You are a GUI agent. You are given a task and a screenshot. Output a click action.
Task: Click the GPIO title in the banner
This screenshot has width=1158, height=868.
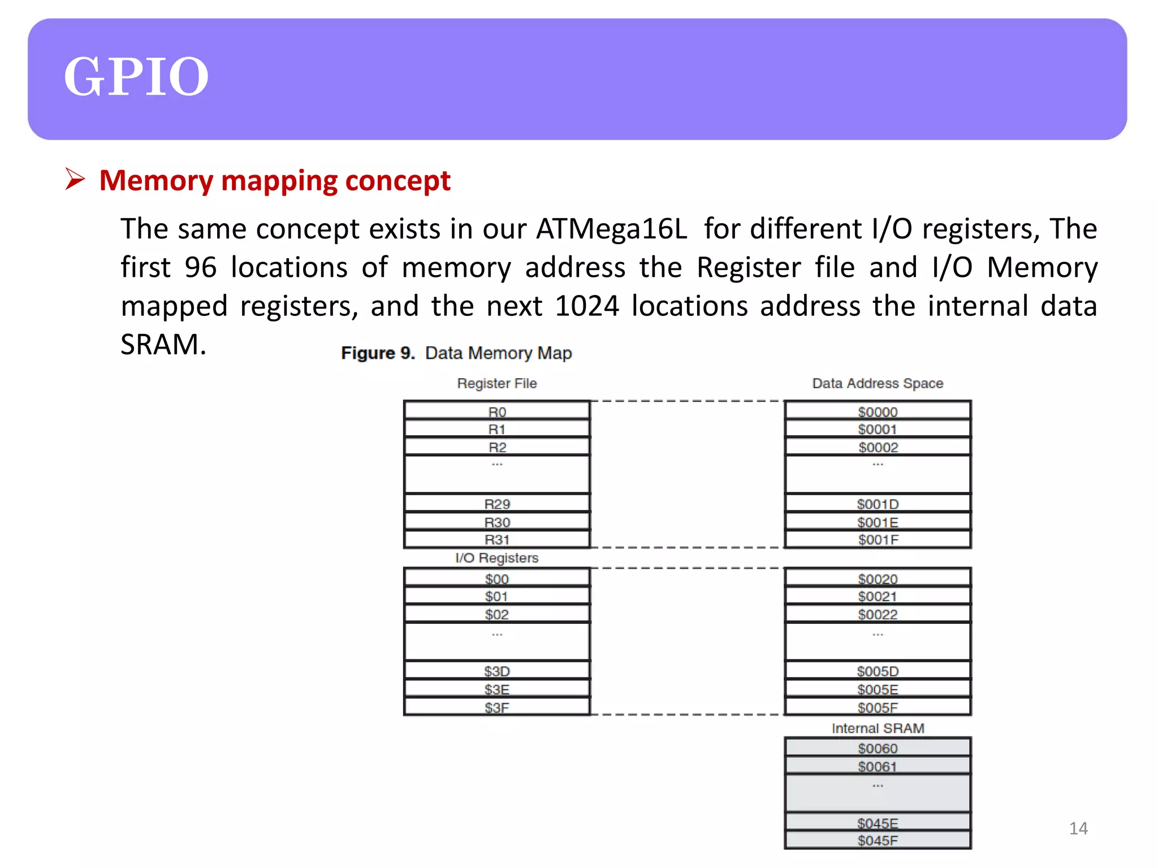[x=136, y=77]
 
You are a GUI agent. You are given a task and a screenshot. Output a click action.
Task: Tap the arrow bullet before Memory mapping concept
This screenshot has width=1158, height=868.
[x=75, y=179]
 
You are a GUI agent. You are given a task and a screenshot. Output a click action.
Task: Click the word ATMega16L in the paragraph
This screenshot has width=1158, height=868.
[x=611, y=229]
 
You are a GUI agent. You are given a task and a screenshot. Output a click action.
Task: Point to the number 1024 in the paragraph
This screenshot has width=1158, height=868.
[x=587, y=306]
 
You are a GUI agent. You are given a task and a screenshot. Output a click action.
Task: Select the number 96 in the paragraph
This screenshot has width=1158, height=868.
[x=201, y=268]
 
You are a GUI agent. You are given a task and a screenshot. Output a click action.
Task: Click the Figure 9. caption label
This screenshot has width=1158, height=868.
[x=378, y=353]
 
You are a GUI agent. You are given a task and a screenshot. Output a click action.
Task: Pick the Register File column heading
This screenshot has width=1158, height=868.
[x=497, y=383]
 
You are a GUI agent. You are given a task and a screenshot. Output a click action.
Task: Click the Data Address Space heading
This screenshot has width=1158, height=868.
[x=878, y=383]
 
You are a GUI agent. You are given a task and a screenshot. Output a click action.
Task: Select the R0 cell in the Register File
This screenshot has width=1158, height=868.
[x=497, y=411]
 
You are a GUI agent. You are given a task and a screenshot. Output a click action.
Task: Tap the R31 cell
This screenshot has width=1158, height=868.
[x=497, y=540]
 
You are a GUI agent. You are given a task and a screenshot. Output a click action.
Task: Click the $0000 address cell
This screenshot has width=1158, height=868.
[x=878, y=411]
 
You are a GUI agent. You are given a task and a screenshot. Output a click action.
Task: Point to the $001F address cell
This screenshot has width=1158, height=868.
[x=878, y=540]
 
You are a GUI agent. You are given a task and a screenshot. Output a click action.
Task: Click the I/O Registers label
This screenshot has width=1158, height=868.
[x=497, y=558]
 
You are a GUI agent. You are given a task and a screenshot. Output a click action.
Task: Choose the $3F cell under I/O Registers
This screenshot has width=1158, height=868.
[x=497, y=708]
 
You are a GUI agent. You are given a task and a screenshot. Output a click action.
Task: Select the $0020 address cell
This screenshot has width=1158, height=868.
[x=878, y=579]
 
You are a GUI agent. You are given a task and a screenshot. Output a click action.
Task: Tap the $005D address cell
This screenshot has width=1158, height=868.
[x=878, y=671]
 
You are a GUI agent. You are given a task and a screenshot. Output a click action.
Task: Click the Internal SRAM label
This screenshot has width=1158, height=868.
[x=878, y=728]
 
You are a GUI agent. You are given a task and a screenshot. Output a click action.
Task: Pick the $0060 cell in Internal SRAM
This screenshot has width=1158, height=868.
[x=878, y=748]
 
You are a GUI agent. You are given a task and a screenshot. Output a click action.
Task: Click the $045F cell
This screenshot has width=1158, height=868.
[x=878, y=840]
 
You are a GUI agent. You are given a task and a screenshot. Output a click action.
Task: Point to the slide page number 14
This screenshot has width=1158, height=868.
[x=1078, y=828]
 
